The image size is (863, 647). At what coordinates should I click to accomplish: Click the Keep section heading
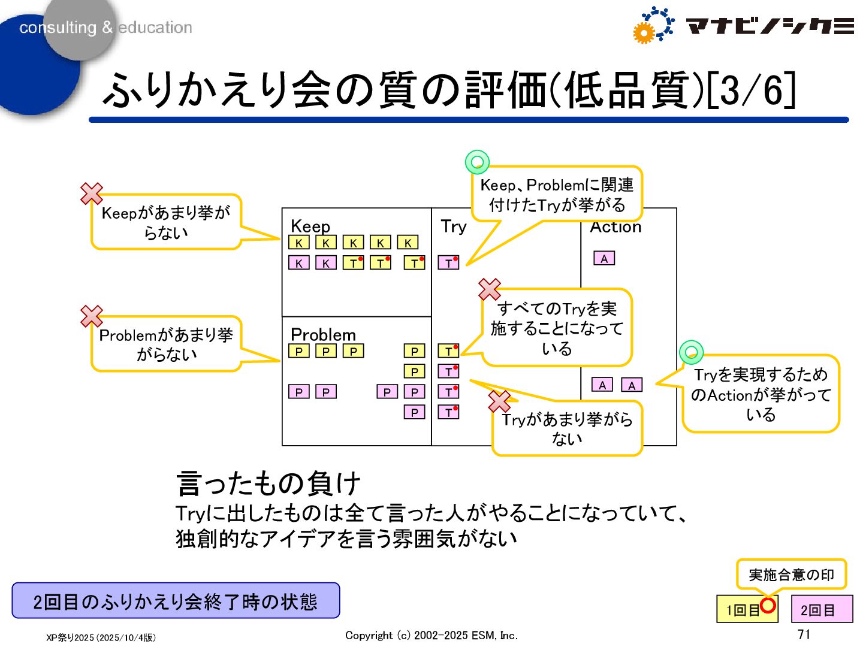310,226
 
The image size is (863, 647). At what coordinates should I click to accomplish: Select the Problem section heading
323,334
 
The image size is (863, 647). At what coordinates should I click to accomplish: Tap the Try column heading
453,226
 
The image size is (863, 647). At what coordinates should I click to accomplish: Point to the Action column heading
615,228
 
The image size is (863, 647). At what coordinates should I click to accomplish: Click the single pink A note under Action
604,258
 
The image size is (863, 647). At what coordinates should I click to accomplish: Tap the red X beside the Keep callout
92,194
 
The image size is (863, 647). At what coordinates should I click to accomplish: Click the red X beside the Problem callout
92,316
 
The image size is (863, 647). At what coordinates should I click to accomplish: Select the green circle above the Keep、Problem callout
477,162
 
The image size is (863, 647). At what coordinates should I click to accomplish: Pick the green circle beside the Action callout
691,352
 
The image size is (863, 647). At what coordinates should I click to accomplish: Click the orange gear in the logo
644,33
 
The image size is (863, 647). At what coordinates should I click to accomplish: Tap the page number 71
804,634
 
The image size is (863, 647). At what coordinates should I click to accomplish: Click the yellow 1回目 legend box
744,610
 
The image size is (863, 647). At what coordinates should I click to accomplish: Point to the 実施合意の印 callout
791,575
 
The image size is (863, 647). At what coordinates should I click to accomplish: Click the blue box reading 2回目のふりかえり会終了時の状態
176,601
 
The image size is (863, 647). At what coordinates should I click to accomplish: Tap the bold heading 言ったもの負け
268,483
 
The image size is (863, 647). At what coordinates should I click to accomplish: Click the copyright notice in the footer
431,635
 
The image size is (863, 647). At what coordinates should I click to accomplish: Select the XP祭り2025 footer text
101,637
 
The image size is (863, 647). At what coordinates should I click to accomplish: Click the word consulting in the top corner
58,28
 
